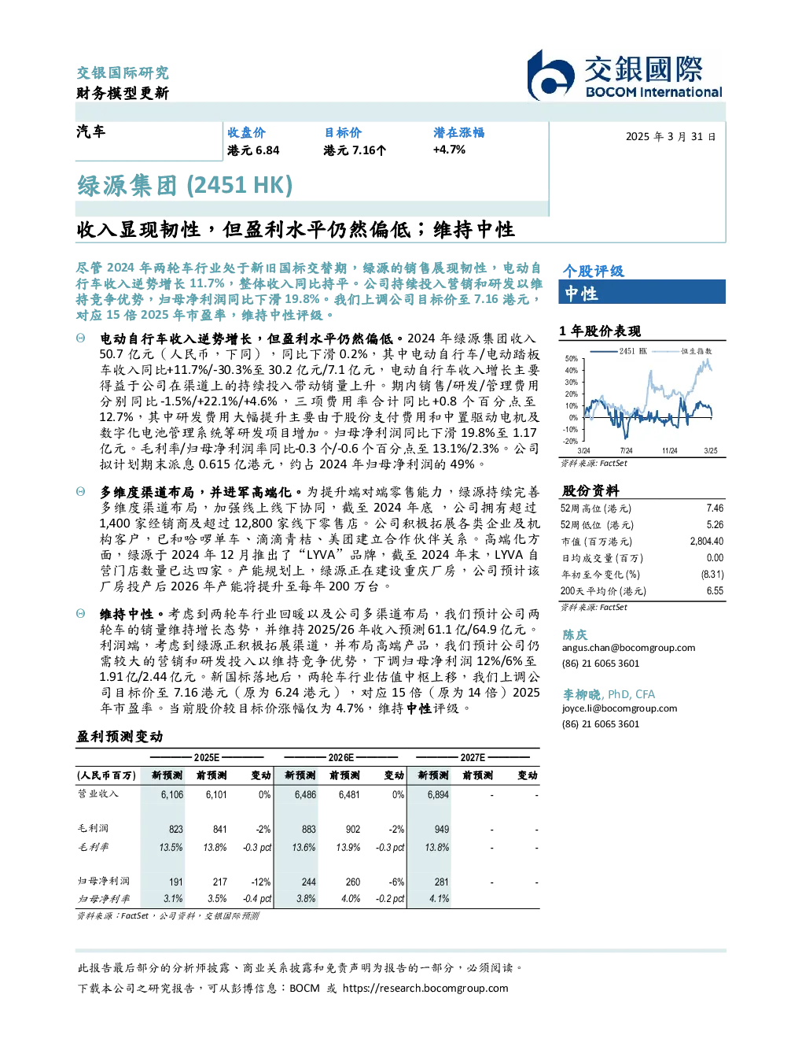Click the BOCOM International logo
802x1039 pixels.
click(625, 75)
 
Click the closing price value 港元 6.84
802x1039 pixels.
click(253, 150)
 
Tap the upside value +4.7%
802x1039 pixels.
click(449, 150)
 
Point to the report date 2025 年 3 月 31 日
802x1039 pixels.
click(671, 137)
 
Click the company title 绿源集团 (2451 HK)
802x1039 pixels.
click(185, 186)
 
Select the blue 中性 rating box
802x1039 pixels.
click(642, 292)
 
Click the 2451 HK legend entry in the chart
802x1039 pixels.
click(618, 351)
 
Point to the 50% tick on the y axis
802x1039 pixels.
click(572, 359)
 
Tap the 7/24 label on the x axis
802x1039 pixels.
click(626, 450)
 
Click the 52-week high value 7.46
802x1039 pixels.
click(715, 508)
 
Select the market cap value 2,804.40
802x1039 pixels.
click(706, 541)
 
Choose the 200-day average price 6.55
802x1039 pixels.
click(715, 590)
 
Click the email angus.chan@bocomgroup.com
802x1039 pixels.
click(628, 648)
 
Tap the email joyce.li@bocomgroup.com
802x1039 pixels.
click(620, 708)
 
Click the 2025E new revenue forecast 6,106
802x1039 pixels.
click(172, 794)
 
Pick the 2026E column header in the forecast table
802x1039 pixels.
click(341, 757)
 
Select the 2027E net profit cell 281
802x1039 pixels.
click(442, 882)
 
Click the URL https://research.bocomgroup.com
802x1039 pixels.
click(425, 988)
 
